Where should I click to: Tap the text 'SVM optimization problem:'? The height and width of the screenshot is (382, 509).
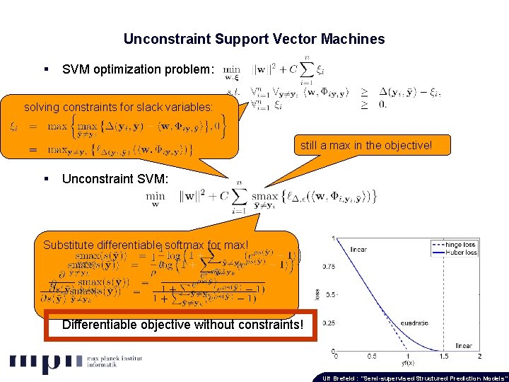(137, 69)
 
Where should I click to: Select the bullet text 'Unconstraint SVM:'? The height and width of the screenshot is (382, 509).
(115, 179)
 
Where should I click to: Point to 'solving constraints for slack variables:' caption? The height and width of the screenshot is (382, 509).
(118, 108)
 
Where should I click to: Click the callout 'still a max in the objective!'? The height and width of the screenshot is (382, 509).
(365, 146)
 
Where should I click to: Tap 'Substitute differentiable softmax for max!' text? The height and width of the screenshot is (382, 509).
(146, 245)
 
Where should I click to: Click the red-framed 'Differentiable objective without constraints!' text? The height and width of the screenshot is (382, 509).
(182, 325)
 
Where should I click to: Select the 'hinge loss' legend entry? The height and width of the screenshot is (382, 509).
(462, 243)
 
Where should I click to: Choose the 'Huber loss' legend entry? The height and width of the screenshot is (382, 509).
(462, 252)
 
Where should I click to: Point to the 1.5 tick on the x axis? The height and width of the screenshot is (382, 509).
(445, 356)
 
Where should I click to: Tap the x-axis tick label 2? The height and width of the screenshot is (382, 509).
(480, 356)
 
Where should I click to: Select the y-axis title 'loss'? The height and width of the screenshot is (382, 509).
(317, 294)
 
